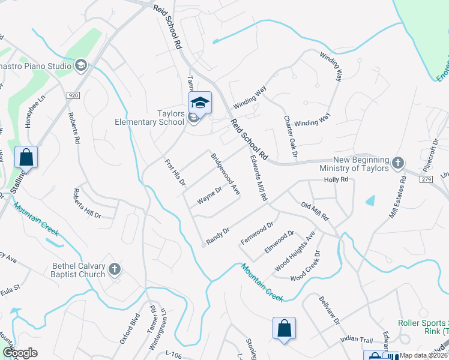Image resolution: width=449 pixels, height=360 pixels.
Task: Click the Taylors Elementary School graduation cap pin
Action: coord(200,103)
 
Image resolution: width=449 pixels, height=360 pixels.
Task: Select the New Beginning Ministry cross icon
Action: coord(397,163)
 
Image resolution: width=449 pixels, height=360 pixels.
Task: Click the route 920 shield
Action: coord(73,95)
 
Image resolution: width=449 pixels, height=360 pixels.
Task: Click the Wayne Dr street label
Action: coord(211,195)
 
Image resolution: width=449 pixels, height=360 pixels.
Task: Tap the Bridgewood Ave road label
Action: coord(225,174)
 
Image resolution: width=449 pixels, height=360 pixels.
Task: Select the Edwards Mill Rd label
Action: coord(258,179)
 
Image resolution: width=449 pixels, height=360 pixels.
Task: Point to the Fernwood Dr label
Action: coord(257,232)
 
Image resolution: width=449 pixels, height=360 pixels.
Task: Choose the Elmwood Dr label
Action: coord(279,242)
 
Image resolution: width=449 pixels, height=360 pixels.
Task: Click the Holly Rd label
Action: coord(336,179)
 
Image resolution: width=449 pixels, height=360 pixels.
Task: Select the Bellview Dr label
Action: coord(330,310)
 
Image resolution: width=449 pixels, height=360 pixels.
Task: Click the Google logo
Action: coord(20,353)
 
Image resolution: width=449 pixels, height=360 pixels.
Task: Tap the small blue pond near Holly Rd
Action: coord(371,200)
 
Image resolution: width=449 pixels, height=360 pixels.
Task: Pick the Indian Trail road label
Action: coord(357,340)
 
